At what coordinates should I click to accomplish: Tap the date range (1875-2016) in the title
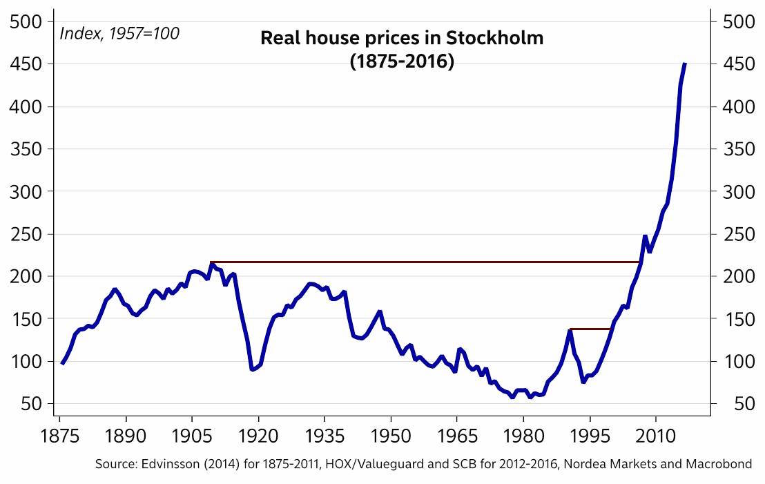(x=402, y=61)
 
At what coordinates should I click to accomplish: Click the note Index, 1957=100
(x=119, y=32)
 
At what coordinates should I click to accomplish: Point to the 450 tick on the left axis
(x=26, y=64)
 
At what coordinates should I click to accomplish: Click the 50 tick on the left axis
(x=31, y=404)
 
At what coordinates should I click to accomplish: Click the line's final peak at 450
(x=684, y=64)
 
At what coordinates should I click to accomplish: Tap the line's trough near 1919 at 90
(x=253, y=370)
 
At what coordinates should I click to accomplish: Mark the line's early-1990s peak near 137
(x=570, y=331)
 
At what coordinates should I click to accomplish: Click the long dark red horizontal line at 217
(x=414, y=262)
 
